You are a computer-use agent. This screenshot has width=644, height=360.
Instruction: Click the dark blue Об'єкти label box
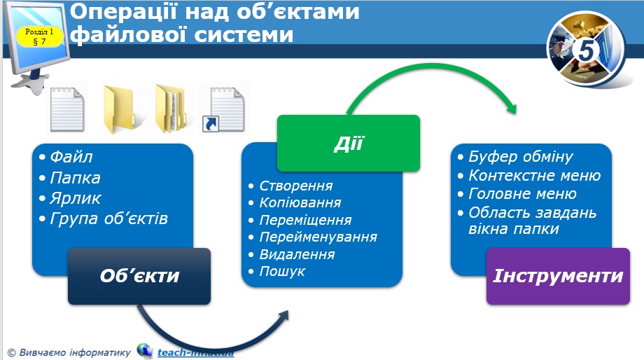139,276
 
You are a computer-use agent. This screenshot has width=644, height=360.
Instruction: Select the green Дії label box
348,144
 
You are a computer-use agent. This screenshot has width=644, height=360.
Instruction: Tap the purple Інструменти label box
558,276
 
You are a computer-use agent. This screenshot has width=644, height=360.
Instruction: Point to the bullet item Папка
75,178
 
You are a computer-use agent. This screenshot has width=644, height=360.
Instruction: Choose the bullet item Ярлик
76,198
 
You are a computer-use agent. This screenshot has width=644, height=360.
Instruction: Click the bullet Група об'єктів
108,219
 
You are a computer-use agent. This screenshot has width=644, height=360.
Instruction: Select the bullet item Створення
295,186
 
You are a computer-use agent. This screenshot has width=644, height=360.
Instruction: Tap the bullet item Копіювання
300,203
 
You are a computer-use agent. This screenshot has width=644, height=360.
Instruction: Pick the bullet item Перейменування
318,237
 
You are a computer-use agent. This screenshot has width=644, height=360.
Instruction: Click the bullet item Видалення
297,254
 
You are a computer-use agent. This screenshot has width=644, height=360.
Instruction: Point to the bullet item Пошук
282,271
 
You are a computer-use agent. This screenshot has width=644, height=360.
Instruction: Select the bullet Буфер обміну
520,157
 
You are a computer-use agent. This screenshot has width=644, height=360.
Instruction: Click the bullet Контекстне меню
534,176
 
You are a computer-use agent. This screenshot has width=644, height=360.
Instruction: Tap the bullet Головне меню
522,194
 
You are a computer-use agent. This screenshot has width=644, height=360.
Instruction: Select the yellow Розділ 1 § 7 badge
39,36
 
